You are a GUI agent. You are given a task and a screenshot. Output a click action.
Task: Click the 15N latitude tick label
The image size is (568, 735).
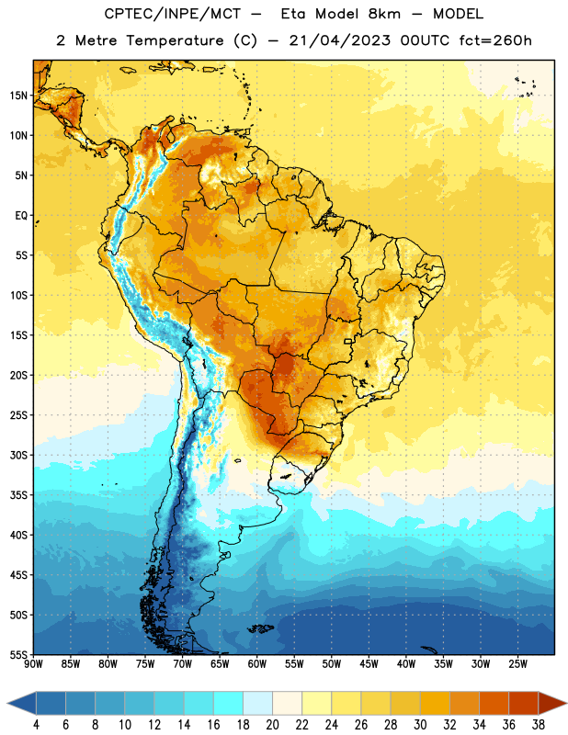[x=18, y=96]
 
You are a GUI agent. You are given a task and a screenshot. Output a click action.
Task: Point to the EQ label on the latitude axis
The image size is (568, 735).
[x=21, y=216]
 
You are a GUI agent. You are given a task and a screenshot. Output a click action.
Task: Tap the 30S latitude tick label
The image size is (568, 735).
[x=18, y=455]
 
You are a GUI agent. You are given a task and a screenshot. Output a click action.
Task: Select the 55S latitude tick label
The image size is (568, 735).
[x=18, y=655]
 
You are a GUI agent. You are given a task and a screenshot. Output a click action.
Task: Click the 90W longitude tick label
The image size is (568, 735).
[x=33, y=664]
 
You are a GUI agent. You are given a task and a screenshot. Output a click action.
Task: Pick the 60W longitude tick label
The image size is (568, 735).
[x=257, y=664]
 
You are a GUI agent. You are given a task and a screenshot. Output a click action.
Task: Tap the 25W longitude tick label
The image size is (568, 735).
[x=517, y=664]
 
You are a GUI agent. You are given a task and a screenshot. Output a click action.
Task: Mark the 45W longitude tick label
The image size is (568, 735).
[x=369, y=664]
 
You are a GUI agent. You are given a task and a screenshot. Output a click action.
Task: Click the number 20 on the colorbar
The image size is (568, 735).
[x=272, y=725]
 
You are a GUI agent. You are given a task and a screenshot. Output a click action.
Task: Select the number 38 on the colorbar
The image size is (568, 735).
[x=539, y=725]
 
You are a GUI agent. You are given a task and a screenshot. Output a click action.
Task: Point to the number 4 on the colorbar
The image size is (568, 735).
[x=36, y=725]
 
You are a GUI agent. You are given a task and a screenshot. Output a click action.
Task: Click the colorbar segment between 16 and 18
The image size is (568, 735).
[x=229, y=703]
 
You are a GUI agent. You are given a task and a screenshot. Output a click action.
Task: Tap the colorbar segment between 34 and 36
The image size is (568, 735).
[x=494, y=703]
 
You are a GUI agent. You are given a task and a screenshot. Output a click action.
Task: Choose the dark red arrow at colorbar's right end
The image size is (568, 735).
[x=551, y=703]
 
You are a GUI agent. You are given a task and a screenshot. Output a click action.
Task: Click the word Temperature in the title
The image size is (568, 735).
[x=175, y=40]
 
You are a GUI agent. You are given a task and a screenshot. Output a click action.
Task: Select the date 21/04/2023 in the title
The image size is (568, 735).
[x=339, y=40]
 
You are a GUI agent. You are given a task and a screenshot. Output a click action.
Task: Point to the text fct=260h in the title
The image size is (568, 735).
[x=495, y=40]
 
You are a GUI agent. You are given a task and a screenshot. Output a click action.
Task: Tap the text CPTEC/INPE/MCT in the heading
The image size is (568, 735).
[x=172, y=14]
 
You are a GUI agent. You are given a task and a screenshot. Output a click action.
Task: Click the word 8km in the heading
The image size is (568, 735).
[x=384, y=14]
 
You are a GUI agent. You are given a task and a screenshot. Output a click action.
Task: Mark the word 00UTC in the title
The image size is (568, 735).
[x=425, y=40]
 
